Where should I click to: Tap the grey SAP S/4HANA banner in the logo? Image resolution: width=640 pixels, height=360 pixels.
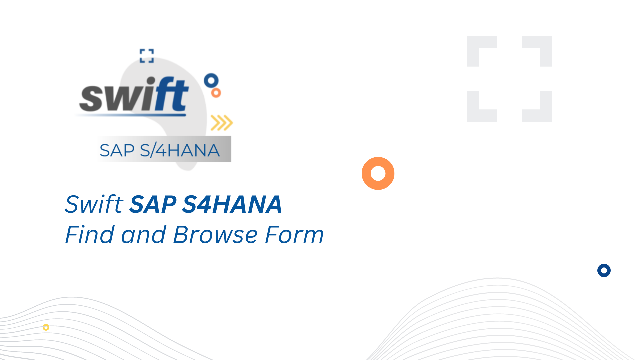[x=164, y=149]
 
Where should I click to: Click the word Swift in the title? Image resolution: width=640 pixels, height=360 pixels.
[x=94, y=204]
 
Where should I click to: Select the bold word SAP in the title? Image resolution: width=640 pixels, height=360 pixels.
[x=153, y=204]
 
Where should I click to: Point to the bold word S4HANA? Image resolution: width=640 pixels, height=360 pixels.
[x=232, y=204]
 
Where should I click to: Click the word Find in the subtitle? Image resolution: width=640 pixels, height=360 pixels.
[x=90, y=234]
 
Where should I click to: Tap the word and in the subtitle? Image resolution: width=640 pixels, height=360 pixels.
[x=144, y=234]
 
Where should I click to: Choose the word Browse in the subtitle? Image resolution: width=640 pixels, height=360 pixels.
[x=215, y=234]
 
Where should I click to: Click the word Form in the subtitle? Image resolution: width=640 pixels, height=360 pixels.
[x=294, y=234]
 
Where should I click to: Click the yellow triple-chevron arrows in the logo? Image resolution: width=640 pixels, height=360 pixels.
[x=222, y=123]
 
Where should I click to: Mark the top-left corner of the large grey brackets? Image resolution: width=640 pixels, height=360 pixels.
[x=467, y=36]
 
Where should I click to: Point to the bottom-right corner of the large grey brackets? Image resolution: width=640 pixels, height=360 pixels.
[x=552, y=122]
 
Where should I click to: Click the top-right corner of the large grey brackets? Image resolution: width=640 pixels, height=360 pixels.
[x=552, y=36]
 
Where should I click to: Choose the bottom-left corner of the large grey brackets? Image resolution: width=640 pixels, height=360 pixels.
[x=467, y=122]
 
